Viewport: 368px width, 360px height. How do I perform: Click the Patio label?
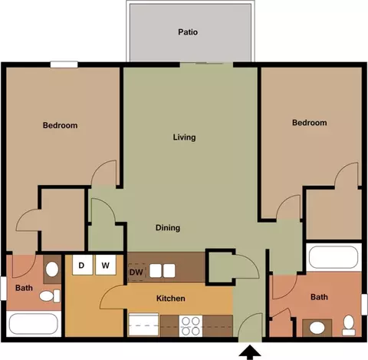point(188,32)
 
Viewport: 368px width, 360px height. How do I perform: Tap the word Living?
point(184,137)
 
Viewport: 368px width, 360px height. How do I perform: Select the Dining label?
point(168,228)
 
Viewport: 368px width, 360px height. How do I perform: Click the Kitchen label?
point(171,299)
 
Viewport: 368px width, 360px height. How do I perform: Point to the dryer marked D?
point(82,265)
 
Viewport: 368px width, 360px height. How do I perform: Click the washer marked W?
point(106,265)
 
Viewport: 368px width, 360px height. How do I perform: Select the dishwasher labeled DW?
point(136,272)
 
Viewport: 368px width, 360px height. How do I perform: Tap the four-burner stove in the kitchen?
point(191,325)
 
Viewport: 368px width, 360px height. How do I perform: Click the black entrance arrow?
point(250,352)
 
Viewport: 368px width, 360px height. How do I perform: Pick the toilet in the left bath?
point(50,296)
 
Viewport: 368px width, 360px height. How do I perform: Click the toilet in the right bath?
point(349,325)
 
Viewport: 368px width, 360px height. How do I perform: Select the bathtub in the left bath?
point(34,324)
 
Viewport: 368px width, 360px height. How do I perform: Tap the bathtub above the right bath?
point(333,257)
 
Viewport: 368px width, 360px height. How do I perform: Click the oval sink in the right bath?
point(317,328)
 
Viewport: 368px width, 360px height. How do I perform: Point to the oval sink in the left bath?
point(52,269)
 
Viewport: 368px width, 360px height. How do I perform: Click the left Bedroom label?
point(60,125)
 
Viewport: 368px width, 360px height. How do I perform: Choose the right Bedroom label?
point(310,123)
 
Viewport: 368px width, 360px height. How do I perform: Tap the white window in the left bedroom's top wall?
point(64,64)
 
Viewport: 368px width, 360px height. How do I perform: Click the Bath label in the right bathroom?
point(319,297)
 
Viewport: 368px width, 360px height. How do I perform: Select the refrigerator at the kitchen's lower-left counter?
point(143,325)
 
